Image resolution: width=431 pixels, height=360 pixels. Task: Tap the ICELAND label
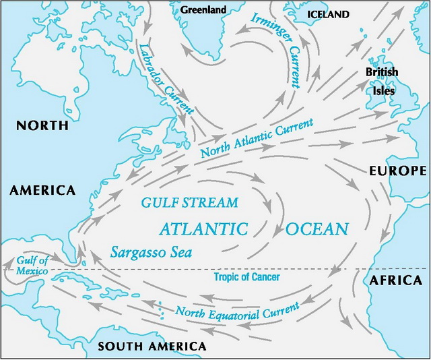(329, 14)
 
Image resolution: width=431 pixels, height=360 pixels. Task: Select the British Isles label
(382, 80)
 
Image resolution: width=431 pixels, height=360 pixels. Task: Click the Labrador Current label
(166, 78)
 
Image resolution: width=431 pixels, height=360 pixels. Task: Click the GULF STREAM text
(189, 202)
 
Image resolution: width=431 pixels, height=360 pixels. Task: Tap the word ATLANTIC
(203, 229)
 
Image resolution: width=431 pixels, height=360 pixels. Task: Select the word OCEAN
(317, 229)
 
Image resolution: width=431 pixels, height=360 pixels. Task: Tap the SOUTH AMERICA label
(152, 347)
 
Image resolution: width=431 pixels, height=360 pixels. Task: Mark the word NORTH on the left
(42, 125)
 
